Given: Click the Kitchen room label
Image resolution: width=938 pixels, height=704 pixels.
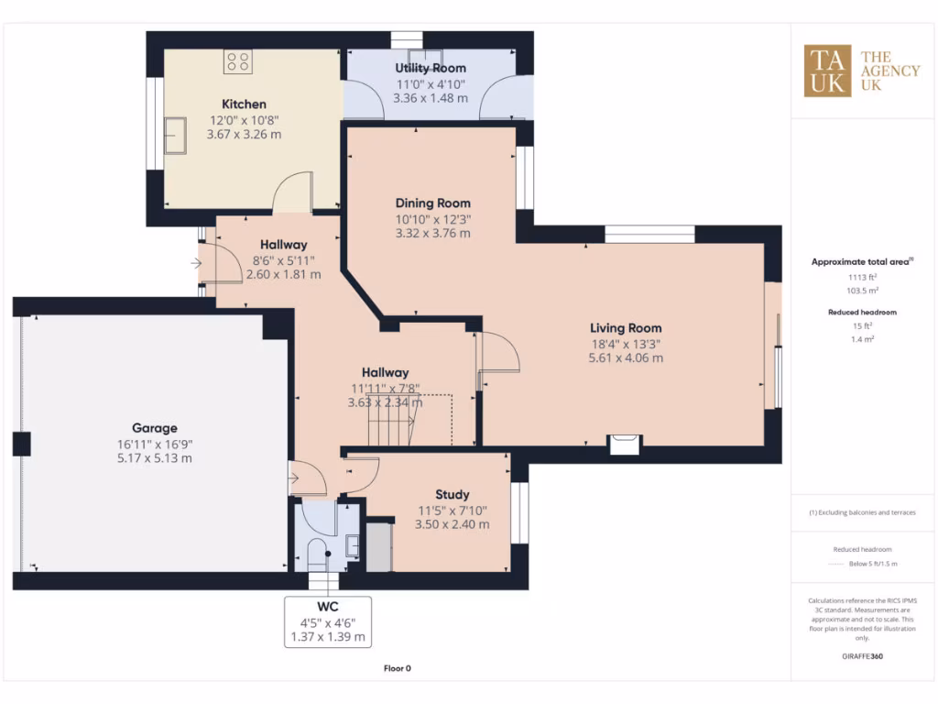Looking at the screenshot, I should [x=244, y=104].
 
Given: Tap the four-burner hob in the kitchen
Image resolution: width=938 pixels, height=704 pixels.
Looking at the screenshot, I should [x=238, y=62].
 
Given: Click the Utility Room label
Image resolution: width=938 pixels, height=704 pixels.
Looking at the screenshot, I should [x=430, y=68].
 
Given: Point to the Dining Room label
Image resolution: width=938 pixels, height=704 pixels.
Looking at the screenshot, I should [x=432, y=203].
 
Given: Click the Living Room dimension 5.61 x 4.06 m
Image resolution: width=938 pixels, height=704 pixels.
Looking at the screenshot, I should [x=625, y=358].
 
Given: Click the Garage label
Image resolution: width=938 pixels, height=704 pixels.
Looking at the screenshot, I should [x=154, y=427].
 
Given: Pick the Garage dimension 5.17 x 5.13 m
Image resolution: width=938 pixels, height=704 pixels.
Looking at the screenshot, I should [x=154, y=457].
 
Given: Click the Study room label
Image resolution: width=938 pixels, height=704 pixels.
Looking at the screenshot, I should [x=453, y=495].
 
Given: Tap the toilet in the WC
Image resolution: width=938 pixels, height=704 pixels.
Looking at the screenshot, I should [x=316, y=555].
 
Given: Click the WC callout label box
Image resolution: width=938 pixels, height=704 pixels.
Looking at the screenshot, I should [x=327, y=621].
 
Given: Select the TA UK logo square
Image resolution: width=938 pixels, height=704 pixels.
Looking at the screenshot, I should [x=827, y=71].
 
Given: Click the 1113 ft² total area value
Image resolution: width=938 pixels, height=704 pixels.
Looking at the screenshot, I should [x=861, y=276].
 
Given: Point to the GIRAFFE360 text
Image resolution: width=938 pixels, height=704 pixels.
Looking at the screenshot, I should [x=862, y=656].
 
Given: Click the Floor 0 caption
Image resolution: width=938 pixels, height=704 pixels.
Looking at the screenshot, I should [x=397, y=669].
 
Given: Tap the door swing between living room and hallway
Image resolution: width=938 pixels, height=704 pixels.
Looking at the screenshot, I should [x=499, y=353].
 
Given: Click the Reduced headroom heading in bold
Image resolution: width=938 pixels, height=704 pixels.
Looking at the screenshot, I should [x=862, y=313].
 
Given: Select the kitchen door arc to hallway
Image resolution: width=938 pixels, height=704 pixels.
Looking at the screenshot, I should [x=293, y=192].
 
